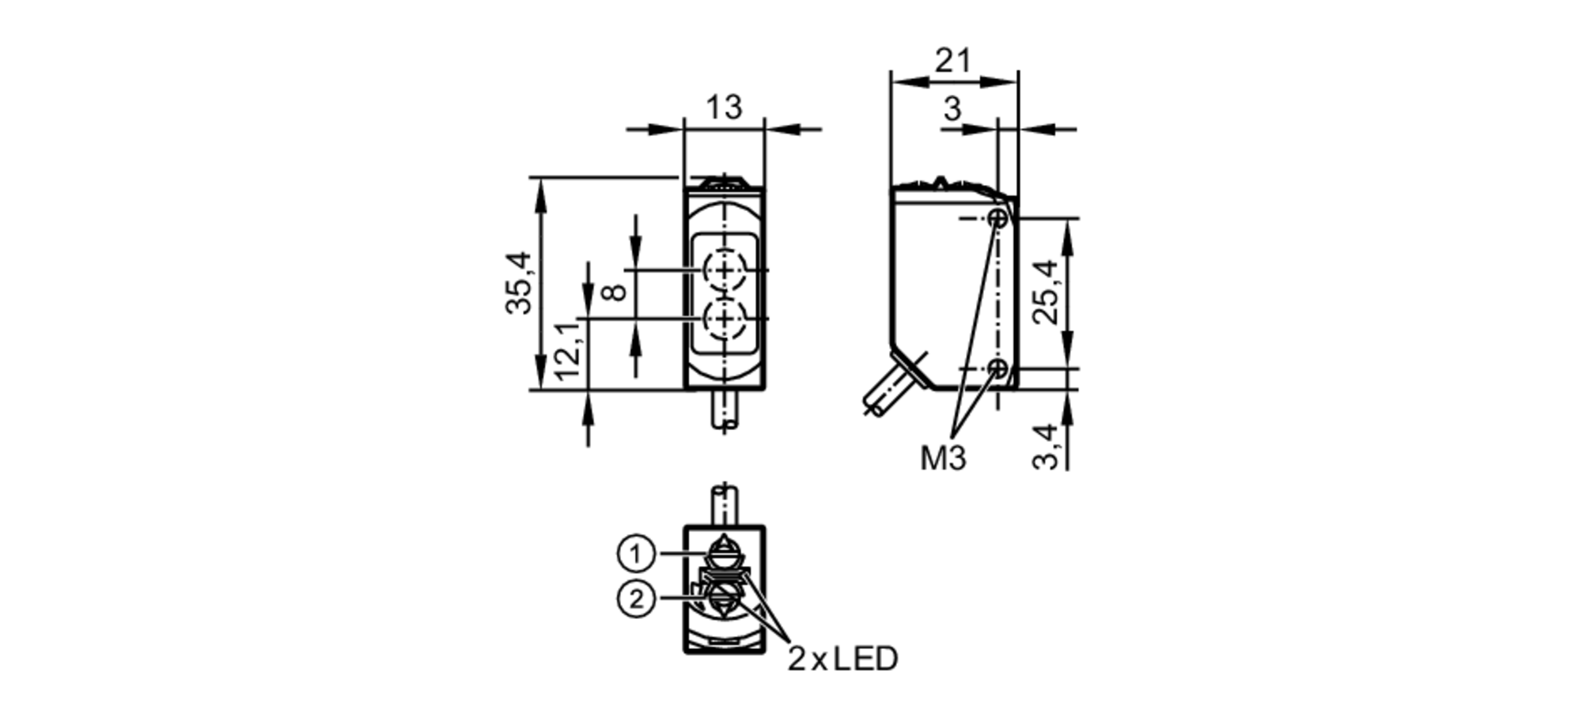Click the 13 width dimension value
[x=724, y=108]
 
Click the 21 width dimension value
[x=952, y=60]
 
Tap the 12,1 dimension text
[x=569, y=350]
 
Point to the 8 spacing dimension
[x=615, y=292]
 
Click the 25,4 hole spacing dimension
[x=1046, y=291]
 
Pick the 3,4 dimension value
[x=1046, y=447]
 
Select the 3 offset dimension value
[x=952, y=109]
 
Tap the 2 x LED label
[x=842, y=659]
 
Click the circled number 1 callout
[x=636, y=554]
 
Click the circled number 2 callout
[x=636, y=600]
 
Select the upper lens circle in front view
[x=724, y=270]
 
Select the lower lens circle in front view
[x=724, y=319]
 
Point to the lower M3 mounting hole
[x=999, y=368]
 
